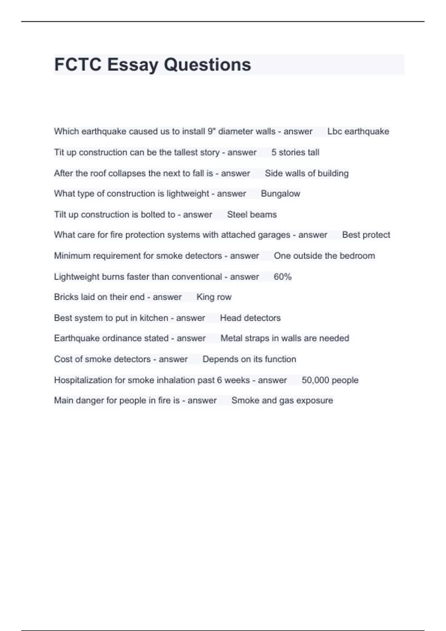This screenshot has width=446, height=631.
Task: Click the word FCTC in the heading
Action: pos(78,65)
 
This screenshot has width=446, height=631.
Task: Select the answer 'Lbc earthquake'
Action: pos(358,131)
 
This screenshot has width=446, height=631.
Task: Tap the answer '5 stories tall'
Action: pos(295,153)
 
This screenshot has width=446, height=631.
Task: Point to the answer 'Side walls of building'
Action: pos(307,173)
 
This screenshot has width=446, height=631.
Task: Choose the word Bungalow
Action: pos(280,194)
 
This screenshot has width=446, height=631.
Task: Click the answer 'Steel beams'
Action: pos(252,215)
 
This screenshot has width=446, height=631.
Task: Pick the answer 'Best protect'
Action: pos(366,235)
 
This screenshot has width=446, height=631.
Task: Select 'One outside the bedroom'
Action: pos(324,256)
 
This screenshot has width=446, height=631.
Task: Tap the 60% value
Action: pos(282,277)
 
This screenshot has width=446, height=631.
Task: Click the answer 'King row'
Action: pos(214,297)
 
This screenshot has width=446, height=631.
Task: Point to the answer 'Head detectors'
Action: pos(250,318)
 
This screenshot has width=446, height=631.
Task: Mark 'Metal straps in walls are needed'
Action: pos(285,338)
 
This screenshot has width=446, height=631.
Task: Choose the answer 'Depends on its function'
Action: pos(249,359)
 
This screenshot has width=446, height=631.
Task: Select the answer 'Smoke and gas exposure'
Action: pos(282,400)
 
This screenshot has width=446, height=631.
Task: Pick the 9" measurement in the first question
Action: pos(211,131)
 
